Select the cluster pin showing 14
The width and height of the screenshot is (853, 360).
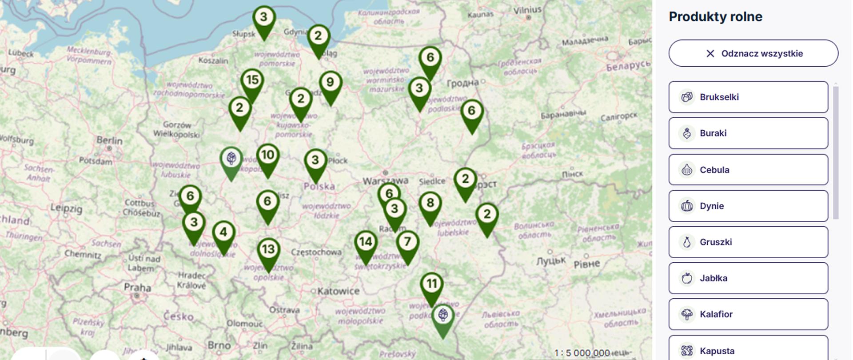[366, 242]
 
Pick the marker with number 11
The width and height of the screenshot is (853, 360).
[432, 284]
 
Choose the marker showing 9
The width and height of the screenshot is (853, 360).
[330, 83]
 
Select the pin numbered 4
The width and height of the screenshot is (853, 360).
[223, 232]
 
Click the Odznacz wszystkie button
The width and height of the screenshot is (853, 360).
[753, 53]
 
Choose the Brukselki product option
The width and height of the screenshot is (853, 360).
[748, 97]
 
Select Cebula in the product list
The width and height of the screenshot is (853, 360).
[748, 170]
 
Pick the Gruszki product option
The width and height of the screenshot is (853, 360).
[748, 242]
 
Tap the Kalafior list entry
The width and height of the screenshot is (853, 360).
[748, 314]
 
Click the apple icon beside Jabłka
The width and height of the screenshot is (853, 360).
[687, 278]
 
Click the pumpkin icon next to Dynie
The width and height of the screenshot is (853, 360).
[687, 206]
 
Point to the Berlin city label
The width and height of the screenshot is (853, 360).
[109, 140]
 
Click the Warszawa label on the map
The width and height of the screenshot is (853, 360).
[385, 181]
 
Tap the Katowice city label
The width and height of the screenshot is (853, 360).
[338, 291]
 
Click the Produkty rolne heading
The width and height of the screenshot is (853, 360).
[715, 17]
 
